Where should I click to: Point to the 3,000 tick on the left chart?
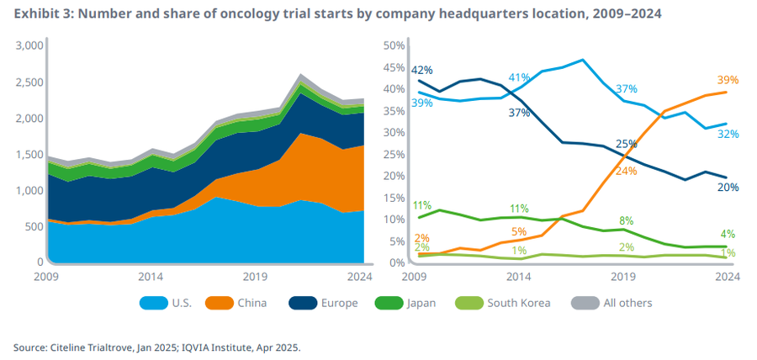(29, 45)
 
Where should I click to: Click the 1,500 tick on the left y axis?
(29, 154)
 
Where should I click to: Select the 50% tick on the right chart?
(394, 45)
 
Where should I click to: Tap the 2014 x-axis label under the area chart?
(151, 276)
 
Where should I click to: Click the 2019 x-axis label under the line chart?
(622, 276)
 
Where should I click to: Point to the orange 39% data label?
(728, 80)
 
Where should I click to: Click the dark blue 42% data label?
(421, 70)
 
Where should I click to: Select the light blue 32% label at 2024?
(728, 133)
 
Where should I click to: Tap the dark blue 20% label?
(728, 187)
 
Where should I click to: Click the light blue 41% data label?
(519, 77)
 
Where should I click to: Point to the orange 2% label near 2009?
(421, 238)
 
